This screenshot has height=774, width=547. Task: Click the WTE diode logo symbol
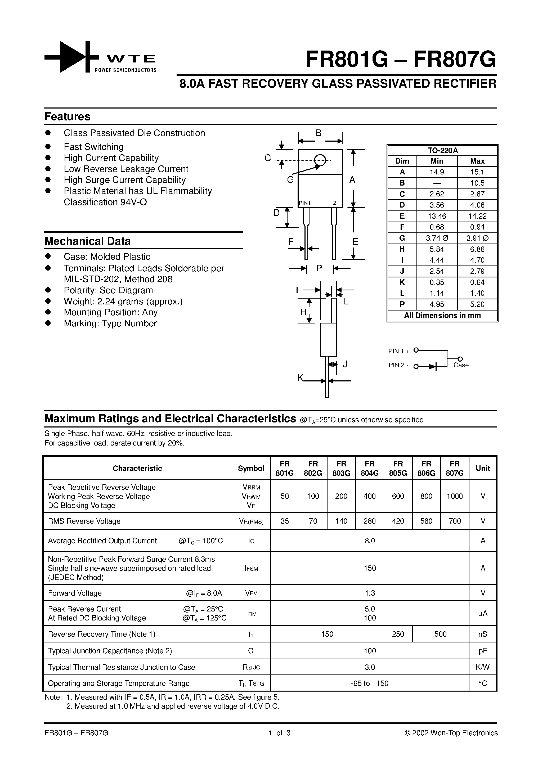[x=71, y=57]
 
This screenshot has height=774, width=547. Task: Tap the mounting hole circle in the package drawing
[x=320, y=160]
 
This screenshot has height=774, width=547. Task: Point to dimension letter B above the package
[x=318, y=133]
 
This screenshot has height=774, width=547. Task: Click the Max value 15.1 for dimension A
[x=477, y=172]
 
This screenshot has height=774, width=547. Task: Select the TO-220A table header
[x=442, y=150]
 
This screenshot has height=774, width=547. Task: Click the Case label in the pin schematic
[x=461, y=365]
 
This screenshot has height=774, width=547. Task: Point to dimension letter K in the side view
[x=300, y=378]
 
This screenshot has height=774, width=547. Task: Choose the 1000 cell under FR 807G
[x=454, y=496]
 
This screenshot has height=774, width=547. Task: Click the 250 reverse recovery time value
[x=398, y=634]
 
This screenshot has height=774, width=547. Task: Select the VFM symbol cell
[x=251, y=593]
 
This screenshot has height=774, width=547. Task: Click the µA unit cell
[x=483, y=614]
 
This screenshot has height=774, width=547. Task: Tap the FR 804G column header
[x=369, y=468]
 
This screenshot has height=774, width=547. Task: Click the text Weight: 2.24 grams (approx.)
[x=123, y=301]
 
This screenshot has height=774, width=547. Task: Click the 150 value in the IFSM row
[x=370, y=568]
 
